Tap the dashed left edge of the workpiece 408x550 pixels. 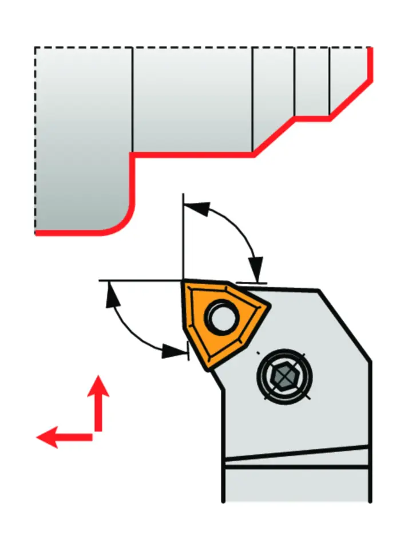click(35, 137)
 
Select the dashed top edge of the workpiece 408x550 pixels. click(200, 47)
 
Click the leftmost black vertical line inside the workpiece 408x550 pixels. click(132, 100)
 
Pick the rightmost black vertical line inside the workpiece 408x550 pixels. click(330, 80)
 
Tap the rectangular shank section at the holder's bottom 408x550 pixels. click(295, 485)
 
